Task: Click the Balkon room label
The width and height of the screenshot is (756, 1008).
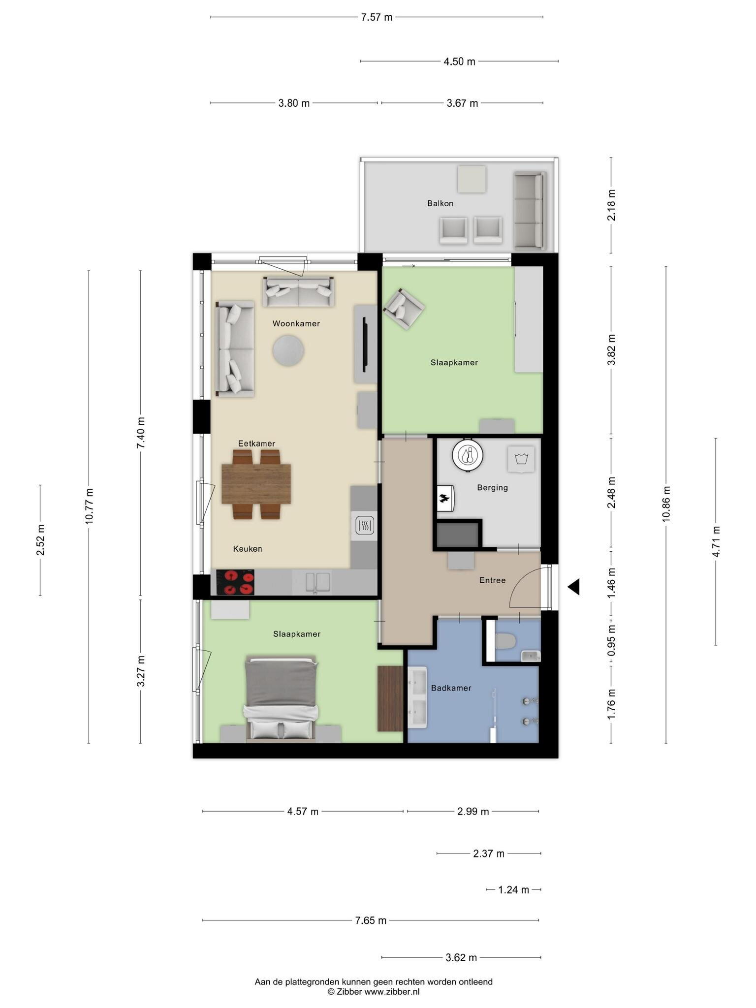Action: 440,203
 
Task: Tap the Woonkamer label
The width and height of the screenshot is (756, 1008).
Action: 296,323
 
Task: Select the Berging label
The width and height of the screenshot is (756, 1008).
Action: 492,488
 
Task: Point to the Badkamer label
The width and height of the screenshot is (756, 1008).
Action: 451,688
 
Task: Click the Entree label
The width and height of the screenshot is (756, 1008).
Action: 492,580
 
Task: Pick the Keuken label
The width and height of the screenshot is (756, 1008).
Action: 247,549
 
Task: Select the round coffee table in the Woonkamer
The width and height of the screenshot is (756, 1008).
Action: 288,350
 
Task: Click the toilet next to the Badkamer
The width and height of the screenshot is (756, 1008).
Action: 505,641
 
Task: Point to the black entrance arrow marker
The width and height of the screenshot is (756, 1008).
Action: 573,587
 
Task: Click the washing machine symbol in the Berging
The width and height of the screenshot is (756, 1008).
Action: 521,459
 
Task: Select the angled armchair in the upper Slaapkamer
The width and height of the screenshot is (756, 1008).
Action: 404,309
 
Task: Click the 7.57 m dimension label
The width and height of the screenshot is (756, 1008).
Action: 377,17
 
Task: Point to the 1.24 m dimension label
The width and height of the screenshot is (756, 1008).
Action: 513,890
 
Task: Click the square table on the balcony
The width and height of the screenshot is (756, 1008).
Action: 472,179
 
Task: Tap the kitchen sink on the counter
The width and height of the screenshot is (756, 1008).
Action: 317,582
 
